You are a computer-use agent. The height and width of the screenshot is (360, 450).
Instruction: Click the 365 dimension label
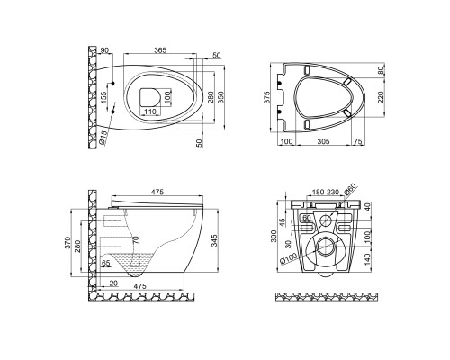point(160,50)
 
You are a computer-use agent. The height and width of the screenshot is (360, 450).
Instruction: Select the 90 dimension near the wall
point(104,50)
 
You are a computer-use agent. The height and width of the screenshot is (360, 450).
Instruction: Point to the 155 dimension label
point(103,98)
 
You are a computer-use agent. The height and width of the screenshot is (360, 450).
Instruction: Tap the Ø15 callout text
point(103,138)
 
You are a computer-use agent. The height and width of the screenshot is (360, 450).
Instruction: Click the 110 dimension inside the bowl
point(150,112)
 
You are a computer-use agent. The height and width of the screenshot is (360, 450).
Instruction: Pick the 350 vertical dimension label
point(220,97)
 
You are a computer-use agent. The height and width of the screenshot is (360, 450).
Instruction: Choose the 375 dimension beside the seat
point(267,97)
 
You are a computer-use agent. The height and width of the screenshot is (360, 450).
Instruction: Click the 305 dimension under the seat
point(323,141)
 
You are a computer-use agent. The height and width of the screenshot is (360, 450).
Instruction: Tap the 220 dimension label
point(381,97)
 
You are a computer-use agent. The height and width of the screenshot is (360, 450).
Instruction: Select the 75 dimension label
point(357,141)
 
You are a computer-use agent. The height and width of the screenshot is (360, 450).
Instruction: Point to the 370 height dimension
point(67,242)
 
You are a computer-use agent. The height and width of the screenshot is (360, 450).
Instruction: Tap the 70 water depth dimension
point(136,240)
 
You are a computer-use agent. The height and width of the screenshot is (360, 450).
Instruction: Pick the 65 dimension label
point(105,263)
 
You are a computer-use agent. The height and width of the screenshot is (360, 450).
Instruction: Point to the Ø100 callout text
point(289,258)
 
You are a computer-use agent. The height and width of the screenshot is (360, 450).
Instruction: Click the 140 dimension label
point(368,259)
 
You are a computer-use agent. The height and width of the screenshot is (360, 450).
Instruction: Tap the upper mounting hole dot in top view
point(113,83)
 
